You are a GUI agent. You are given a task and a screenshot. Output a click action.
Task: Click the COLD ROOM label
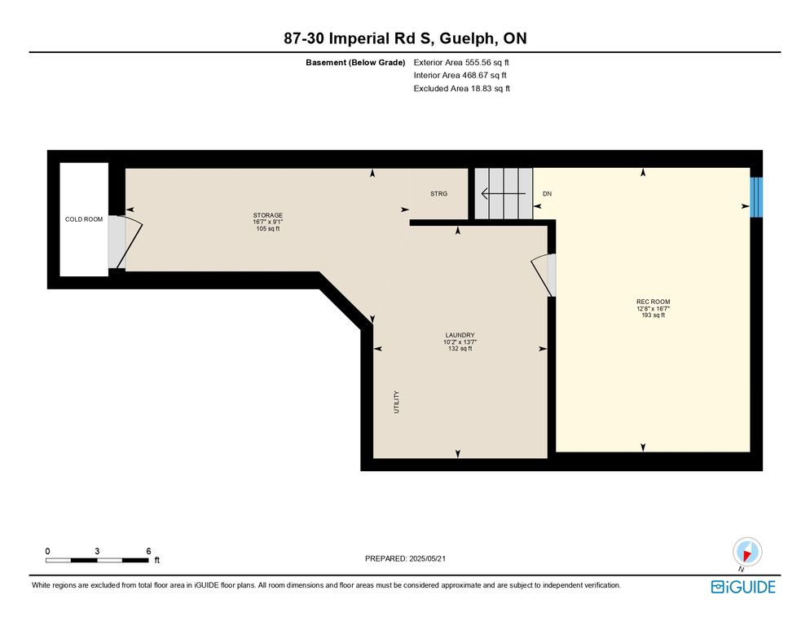pyautogui.click(x=84, y=219)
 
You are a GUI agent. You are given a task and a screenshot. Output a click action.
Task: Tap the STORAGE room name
pyautogui.click(x=267, y=215)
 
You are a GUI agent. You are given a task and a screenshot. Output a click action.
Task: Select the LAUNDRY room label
pyautogui.click(x=460, y=335)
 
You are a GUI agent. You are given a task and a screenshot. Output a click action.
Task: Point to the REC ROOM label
pyautogui.click(x=653, y=302)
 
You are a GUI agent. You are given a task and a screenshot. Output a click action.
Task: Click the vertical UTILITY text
pyautogui.click(x=397, y=402)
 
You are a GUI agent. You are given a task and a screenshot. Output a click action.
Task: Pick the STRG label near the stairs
pyautogui.click(x=438, y=194)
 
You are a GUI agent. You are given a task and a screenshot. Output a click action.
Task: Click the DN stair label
pyautogui.click(x=547, y=194)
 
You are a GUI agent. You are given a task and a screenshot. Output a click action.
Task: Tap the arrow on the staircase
pyautogui.click(x=503, y=194)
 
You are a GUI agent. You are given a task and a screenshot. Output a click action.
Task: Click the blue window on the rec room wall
pyautogui.click(x=756, y=197)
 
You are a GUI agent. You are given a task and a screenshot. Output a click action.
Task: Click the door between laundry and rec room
pyautogui.click(x=543, y=275)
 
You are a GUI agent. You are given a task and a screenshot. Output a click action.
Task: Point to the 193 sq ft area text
pyautogui.click(x=653, y=315)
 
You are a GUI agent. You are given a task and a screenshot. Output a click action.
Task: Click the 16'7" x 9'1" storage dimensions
pyautogui.click(x=267, y=222)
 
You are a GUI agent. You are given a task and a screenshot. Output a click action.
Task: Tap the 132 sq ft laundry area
pyautogui.click(x=460, y=348)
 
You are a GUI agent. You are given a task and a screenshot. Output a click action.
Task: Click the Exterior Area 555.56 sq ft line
pyautogui.click(x=461, y=63)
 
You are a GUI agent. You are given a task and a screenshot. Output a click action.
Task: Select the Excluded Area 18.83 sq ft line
pyautogui.click(x=462, y=88)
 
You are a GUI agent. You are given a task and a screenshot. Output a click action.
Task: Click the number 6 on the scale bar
pyautogui.click(x=149, y=551)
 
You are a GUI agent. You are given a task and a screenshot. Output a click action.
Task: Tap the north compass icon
pyautogui.click(x=747, y=552)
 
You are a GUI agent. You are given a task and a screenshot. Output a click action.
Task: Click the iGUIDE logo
pyautogui.click(x=743, y=587)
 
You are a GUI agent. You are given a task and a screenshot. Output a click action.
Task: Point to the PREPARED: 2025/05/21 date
pyautogui.click(x=405, y=558)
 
